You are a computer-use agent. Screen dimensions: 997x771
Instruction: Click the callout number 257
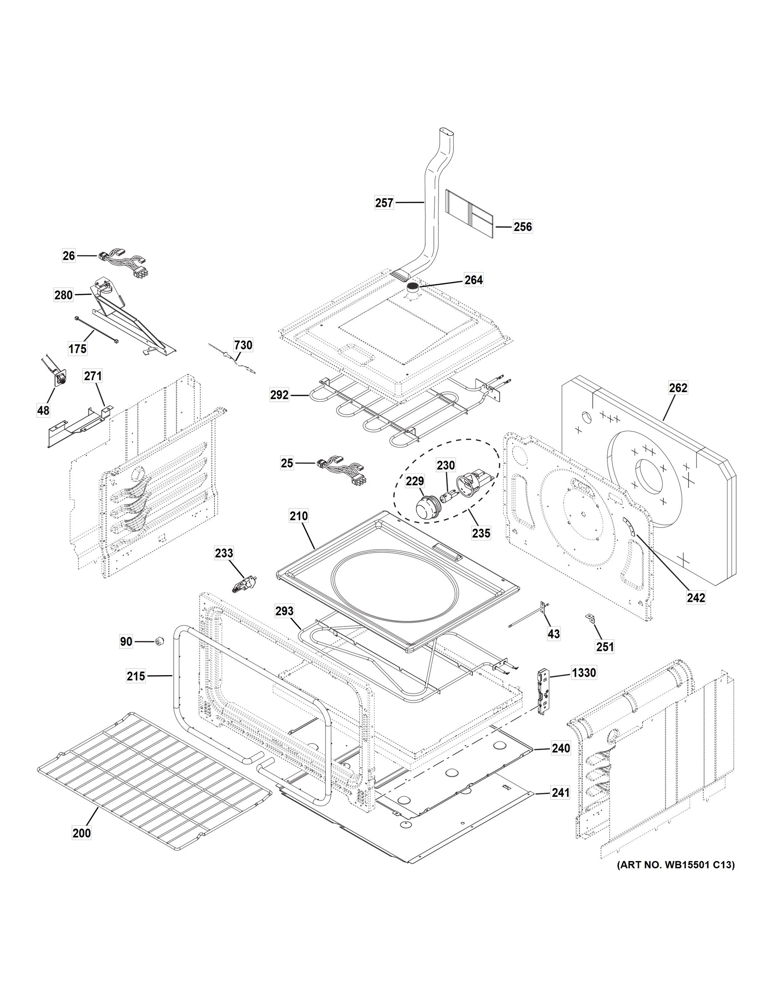[x=384, y=202]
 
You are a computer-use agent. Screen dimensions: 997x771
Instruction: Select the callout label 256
[x=522, y=226]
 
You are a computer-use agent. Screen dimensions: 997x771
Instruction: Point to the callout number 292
[x=279, y=395]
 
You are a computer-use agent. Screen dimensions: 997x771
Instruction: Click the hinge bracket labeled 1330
[x=544, y=691]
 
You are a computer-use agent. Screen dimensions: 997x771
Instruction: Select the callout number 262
[x=678, y=388]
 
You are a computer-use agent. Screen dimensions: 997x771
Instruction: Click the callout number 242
[x=696, y=597]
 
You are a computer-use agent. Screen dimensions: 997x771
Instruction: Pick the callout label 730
[x=243, y=345]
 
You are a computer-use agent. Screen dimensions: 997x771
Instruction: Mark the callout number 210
[x=298, y=516]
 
